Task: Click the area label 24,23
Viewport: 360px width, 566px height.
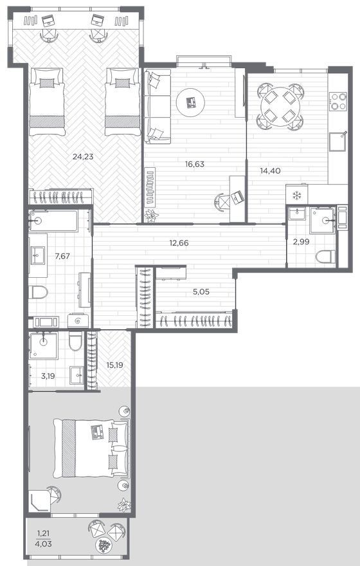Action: coord(83,157)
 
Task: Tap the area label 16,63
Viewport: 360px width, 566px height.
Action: coord(194,164)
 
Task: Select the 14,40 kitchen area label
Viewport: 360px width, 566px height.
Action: coord(270,170)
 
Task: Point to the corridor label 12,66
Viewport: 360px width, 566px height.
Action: coord(179,243)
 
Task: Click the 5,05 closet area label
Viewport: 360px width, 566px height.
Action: coord(201,292)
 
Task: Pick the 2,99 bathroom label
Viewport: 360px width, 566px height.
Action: coord(301,242)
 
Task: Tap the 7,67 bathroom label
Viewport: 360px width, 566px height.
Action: coord(62,256)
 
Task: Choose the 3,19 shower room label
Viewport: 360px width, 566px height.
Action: coord(48,376)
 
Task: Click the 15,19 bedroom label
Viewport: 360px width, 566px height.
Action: coord(114,365)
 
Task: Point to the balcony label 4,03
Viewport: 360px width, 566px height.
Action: coord(44,543)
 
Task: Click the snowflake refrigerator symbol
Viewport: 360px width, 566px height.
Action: coord(296,196)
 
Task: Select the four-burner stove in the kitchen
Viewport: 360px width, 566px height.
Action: coord(339,102)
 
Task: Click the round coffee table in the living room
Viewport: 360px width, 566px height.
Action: coord(190,102)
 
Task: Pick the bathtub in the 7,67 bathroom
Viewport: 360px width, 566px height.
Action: coord(53,221)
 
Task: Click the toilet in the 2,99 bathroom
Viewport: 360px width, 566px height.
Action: coord(325,257)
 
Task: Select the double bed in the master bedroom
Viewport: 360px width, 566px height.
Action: coord(91,448)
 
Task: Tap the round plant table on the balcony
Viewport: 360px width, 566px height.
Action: coord(104,545)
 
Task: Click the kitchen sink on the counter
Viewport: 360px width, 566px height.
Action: coord(337,141)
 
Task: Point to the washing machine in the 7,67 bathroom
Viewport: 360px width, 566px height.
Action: coord(78,320)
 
